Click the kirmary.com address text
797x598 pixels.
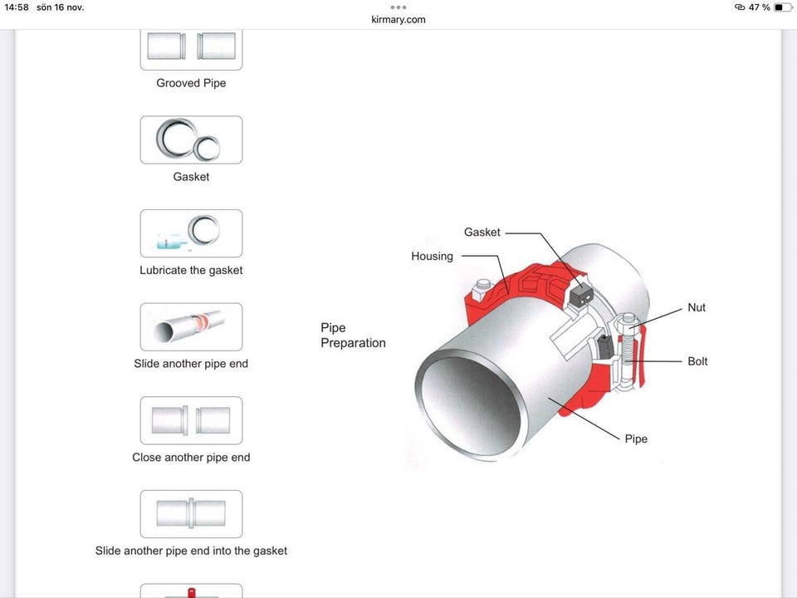(398, 19)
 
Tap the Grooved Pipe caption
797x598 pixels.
(191, 83)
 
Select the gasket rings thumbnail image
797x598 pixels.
(191, 140)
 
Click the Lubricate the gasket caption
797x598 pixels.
(191, 270)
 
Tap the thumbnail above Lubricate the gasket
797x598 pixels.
(191, 233)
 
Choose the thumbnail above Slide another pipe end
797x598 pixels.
(191, 327)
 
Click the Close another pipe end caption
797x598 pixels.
(191, 457)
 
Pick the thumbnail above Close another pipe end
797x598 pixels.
(191, 420)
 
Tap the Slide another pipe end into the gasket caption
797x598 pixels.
(191, 551)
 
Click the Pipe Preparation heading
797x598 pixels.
(354, 335)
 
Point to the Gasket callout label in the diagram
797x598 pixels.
(482, 232)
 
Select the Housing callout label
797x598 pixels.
(432, 257)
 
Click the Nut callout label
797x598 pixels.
(697, 307)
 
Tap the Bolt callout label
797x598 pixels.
(697, 361)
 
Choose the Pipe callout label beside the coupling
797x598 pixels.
(636, 439)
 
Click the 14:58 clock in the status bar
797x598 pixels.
(17, 7)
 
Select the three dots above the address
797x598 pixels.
(398, 7)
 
